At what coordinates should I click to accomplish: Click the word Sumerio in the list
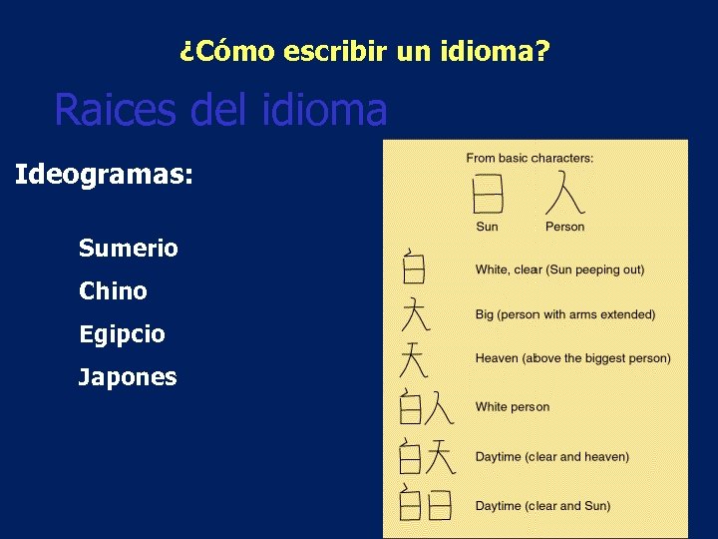point(129,249)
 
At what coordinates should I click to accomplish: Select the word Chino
point(113,291)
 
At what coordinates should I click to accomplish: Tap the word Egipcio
point(122,334)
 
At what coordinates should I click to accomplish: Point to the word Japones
point(128,377)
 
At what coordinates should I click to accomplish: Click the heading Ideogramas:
point(104,175)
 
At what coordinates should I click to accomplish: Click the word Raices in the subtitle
point(116,110)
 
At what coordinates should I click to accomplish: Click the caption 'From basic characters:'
point(530,158)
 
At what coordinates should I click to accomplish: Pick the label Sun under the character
point(487,227)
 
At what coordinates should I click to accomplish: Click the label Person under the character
point(564,227)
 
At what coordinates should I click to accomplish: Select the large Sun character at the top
point(488,193)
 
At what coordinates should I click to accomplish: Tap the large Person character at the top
point(565,193)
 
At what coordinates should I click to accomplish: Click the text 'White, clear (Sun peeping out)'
point(559,269)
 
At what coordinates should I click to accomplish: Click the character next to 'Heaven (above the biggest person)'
point(414,358)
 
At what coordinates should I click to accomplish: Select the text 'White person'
point(512,407)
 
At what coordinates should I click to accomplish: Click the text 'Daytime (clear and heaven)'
point(551,457)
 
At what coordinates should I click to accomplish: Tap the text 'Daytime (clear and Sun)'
point(542,506)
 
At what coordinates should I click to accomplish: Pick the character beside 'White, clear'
point(413,267)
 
